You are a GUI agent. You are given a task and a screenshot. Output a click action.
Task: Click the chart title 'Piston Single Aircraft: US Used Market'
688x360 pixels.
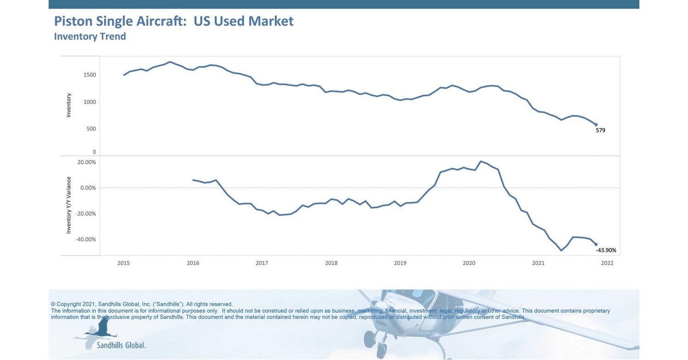[173, 21]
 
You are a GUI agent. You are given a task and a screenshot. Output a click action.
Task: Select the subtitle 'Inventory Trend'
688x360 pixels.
[90, 36]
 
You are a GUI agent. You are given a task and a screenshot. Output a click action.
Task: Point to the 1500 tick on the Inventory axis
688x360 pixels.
[90, 75]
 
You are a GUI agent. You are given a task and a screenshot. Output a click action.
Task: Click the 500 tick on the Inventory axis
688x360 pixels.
[91, 129]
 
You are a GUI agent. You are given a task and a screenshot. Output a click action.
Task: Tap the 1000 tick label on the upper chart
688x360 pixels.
[90, 102]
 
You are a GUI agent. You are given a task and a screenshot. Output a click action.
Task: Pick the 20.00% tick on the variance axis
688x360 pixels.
[87, 162]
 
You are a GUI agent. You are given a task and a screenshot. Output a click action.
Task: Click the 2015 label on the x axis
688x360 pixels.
[123, 263]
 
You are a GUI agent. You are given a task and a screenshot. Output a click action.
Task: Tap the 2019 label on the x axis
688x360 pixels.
[400, 263]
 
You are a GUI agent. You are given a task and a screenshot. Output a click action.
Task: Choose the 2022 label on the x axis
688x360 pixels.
[607, 263]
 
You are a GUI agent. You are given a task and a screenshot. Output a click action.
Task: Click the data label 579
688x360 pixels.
[600, 130]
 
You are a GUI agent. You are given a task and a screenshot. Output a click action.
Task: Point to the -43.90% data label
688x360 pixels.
[606, 250]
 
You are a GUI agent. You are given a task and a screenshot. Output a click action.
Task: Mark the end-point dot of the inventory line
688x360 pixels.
[596, 125]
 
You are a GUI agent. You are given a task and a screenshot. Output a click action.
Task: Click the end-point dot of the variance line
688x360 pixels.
[596, 244]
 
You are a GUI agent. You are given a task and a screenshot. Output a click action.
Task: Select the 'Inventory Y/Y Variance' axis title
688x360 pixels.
[69, 205]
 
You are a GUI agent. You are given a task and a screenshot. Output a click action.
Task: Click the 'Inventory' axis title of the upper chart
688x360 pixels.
[69, 105]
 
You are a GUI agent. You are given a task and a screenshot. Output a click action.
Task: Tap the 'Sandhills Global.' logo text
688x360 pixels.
[121, 345]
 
